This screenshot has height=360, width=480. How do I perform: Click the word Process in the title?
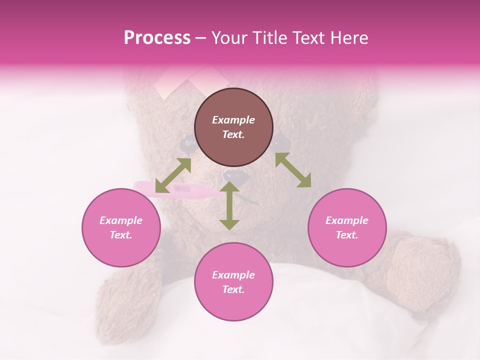157,38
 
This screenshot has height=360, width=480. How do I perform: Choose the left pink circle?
121,227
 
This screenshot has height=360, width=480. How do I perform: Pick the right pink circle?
346,227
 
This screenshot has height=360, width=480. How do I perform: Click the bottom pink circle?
233,282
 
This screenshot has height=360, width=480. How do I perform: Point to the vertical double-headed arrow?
229,206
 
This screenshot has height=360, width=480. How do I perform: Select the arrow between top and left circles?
173,175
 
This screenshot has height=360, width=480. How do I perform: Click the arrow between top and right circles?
293,170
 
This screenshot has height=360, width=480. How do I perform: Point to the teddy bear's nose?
233,176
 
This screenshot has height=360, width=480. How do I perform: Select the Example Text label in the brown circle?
233,127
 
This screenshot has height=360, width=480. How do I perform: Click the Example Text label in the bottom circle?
233,282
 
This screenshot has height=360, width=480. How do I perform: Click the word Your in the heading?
227,38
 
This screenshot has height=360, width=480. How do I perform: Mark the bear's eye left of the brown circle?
189,145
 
